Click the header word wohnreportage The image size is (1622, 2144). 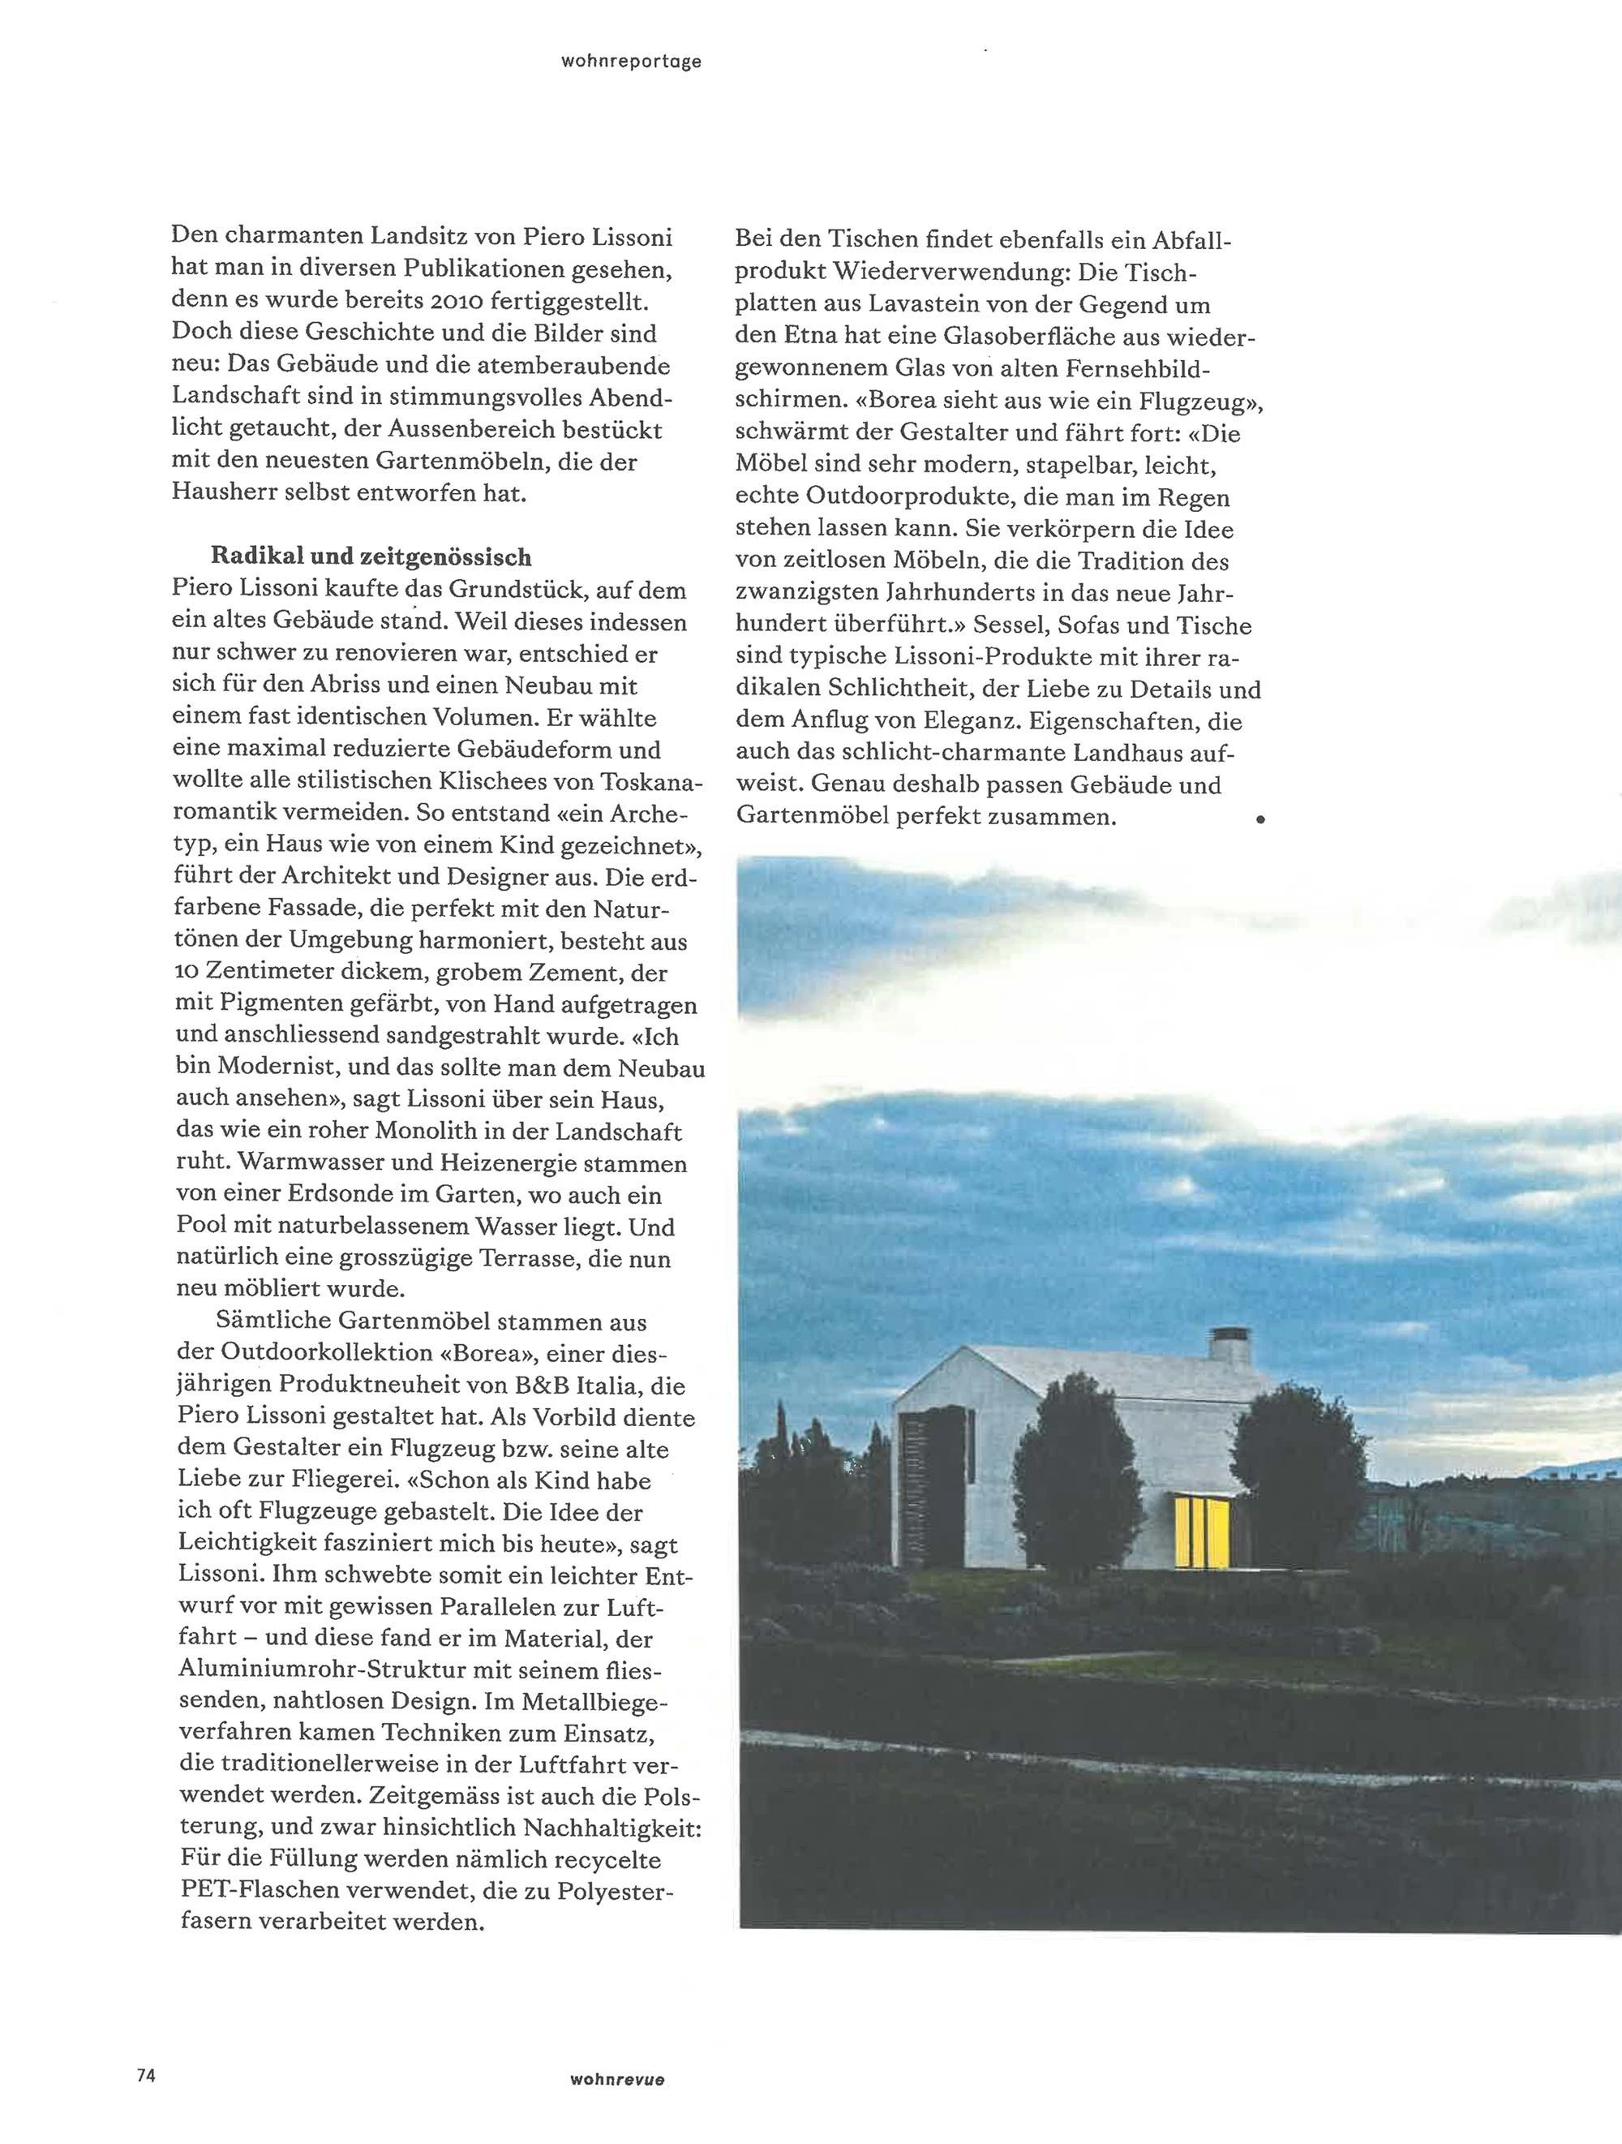click(631, 62)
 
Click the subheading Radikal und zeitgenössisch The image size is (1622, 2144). click(371, 556)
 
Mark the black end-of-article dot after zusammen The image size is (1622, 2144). click(1260, 820)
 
